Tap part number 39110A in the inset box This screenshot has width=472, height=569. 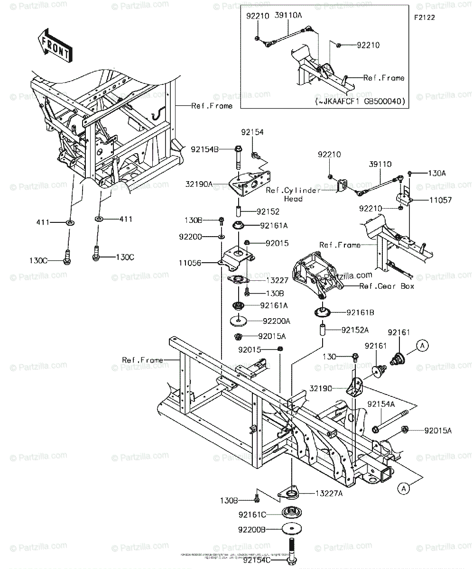point(288,16)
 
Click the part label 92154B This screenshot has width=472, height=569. point(205,149)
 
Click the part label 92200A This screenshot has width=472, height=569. point(277,321)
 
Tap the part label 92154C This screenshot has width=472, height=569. point(259,561)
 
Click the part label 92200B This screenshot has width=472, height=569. point(252,529)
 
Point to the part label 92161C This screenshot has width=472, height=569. point(252,514)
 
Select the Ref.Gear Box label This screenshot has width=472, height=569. point(387,286)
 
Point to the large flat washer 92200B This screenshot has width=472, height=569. point(290,528)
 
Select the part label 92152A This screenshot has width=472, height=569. point(353,329)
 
